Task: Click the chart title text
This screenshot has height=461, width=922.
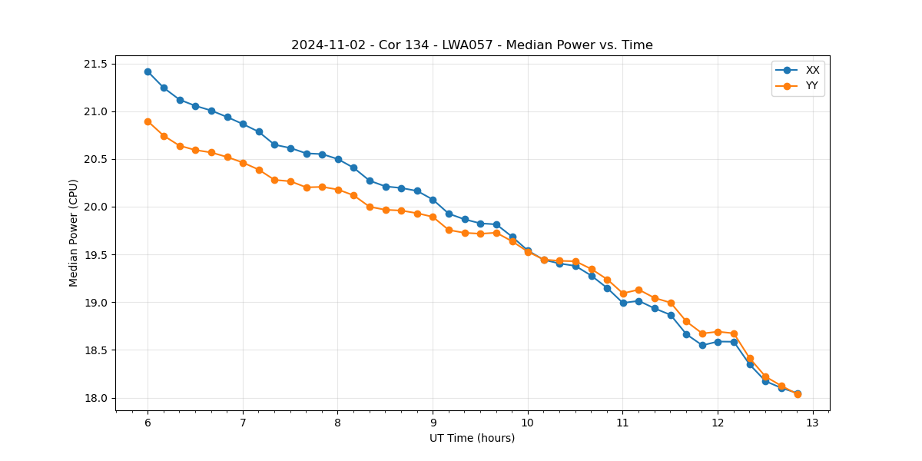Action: coord(472,45)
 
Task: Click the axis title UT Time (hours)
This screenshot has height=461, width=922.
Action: coord(472,439)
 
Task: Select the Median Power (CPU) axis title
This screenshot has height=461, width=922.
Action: coord(74,233)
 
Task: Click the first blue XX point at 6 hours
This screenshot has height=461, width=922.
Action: coord(148,71)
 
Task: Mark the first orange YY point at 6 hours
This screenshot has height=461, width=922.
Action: coord(148,121)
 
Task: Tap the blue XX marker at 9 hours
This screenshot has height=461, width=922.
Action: coord(433,200)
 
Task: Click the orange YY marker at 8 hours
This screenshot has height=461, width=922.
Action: coord(338,190)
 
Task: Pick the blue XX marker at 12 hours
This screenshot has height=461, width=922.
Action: coord(718,342)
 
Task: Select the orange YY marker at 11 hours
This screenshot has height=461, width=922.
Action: coord(623,294)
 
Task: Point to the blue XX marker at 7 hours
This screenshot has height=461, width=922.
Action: coord(243,124)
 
